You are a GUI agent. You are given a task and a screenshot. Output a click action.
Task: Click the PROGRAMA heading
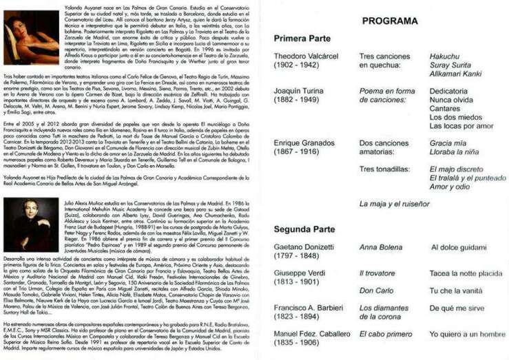coord(390,21)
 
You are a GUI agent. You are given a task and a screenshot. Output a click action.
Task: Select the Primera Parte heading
coord(302,39)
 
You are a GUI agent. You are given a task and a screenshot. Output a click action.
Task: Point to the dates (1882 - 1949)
coord(297,99)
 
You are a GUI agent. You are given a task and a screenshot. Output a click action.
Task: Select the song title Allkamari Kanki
coord(455,73)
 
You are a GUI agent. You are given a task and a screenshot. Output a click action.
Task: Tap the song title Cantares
coord(445,108)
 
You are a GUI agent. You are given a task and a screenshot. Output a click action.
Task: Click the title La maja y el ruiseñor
coord(394,204)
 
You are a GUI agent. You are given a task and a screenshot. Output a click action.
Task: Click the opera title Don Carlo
coord(377,290)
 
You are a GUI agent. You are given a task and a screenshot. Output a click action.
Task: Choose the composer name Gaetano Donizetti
coord(307,246)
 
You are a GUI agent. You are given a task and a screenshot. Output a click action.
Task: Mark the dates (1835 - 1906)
coord(297,342)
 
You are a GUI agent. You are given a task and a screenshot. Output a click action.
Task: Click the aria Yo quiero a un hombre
coord(467,334)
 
